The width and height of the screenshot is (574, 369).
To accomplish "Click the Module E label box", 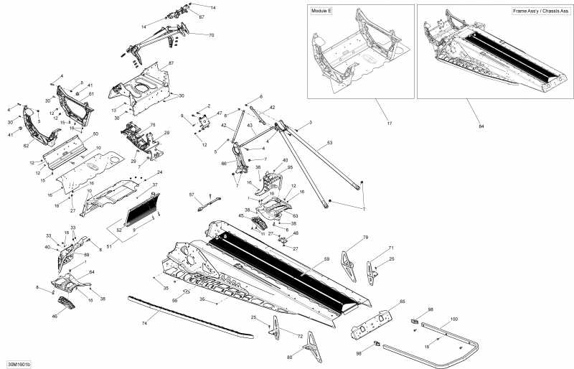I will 321,12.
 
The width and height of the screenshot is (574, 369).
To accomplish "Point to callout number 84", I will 481,126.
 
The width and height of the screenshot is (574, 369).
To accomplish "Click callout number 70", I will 211,35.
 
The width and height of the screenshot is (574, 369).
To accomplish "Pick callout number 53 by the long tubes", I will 330,144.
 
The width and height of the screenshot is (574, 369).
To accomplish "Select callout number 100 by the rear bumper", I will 453,318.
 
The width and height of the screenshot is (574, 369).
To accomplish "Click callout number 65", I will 402,302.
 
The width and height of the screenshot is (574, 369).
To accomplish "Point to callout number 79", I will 365,238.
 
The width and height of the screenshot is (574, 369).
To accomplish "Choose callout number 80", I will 290,357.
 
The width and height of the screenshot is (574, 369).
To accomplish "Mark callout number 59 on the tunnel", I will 326,258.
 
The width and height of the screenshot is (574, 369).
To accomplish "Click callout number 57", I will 192,195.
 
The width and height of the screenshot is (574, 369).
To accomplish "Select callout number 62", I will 27,146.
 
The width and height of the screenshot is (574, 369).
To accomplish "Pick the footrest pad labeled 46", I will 67,304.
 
